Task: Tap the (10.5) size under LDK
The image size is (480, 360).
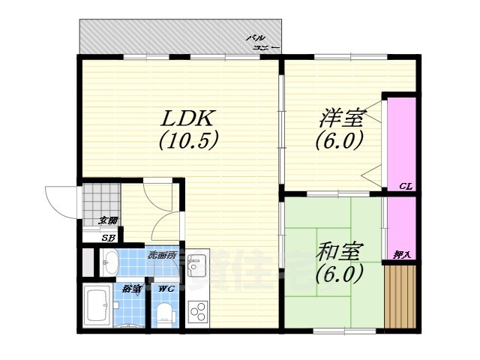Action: pyautogui.click(x=188, y=139)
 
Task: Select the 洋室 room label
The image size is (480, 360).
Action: pyautogui.click(x=341, y=118)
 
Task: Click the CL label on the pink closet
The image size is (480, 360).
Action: pyautogui.click(x=403, y=185)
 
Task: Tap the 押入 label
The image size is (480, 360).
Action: pyautogui.click(x=402, y=255)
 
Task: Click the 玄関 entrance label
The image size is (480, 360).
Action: pyautogui.click(x=109, y=220)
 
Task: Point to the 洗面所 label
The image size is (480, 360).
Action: pyautogui.click(x=160, y=254)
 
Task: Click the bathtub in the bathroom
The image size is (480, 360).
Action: pyautogui.click(x=97, y=306)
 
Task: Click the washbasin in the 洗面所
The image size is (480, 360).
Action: pyautogui.click(x=109, y=263)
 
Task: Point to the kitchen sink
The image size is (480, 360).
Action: pyautogui.click(x=198, y=265)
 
